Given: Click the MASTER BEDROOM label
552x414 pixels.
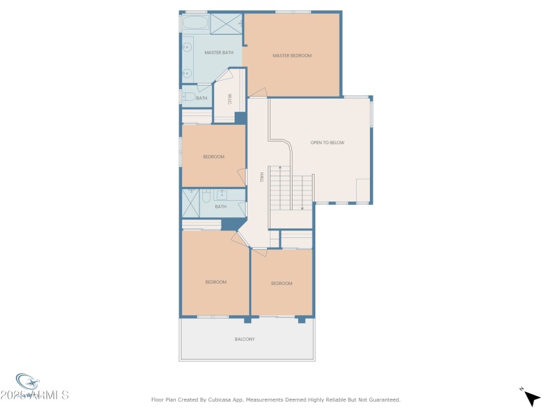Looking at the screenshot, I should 292,55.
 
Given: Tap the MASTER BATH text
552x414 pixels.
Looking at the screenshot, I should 219,52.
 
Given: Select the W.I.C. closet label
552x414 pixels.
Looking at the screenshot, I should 228,98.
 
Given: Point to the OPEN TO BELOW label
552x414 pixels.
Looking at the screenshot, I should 327,143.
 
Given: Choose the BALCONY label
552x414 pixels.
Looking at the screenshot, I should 245,339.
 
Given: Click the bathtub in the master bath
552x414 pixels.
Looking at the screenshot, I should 195,23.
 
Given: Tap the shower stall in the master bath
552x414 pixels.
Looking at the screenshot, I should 226,23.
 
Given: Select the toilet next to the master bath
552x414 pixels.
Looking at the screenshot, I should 188,97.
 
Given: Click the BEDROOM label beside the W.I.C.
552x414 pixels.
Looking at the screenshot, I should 214,157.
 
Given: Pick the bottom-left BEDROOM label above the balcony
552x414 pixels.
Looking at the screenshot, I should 215,282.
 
